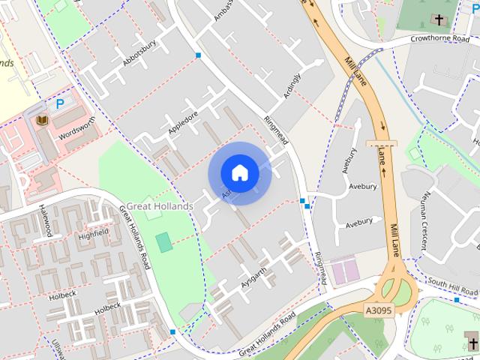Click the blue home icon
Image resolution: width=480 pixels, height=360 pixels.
click(x=239, y=173)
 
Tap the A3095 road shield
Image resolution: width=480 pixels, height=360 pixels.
click(x=379, y=310)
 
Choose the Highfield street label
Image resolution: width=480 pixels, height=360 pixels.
click(x=93, y=234)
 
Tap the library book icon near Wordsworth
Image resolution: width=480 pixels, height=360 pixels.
click(x=40, y=119)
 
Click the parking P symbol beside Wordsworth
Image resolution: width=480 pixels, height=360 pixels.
click(x=59, y=102)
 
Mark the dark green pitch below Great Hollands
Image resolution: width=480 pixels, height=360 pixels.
click(x=163, y=242)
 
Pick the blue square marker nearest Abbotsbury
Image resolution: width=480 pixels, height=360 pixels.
click(x=198, y=55)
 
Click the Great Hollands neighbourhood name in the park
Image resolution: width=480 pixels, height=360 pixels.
click(x=159, y=205)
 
